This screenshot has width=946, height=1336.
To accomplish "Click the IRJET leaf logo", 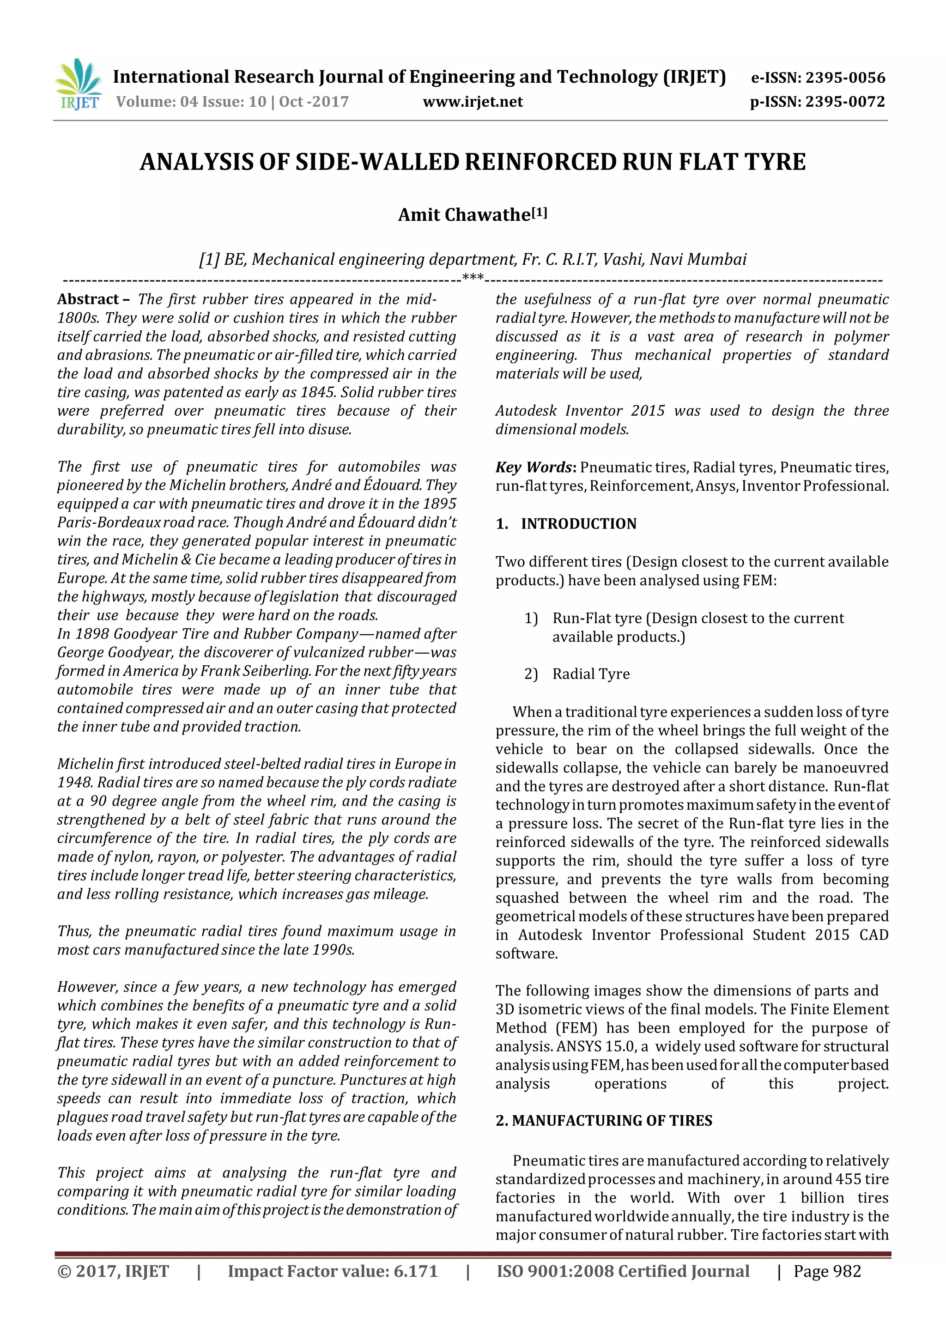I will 79,85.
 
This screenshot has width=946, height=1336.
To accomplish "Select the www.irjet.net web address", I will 473,102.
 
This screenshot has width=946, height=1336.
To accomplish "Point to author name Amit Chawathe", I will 464,215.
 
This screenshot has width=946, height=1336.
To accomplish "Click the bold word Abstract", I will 88,299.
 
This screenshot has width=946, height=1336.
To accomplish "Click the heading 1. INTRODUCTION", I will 566,524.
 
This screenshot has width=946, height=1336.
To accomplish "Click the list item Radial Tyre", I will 591,674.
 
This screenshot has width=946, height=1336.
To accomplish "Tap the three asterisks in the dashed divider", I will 473,277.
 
